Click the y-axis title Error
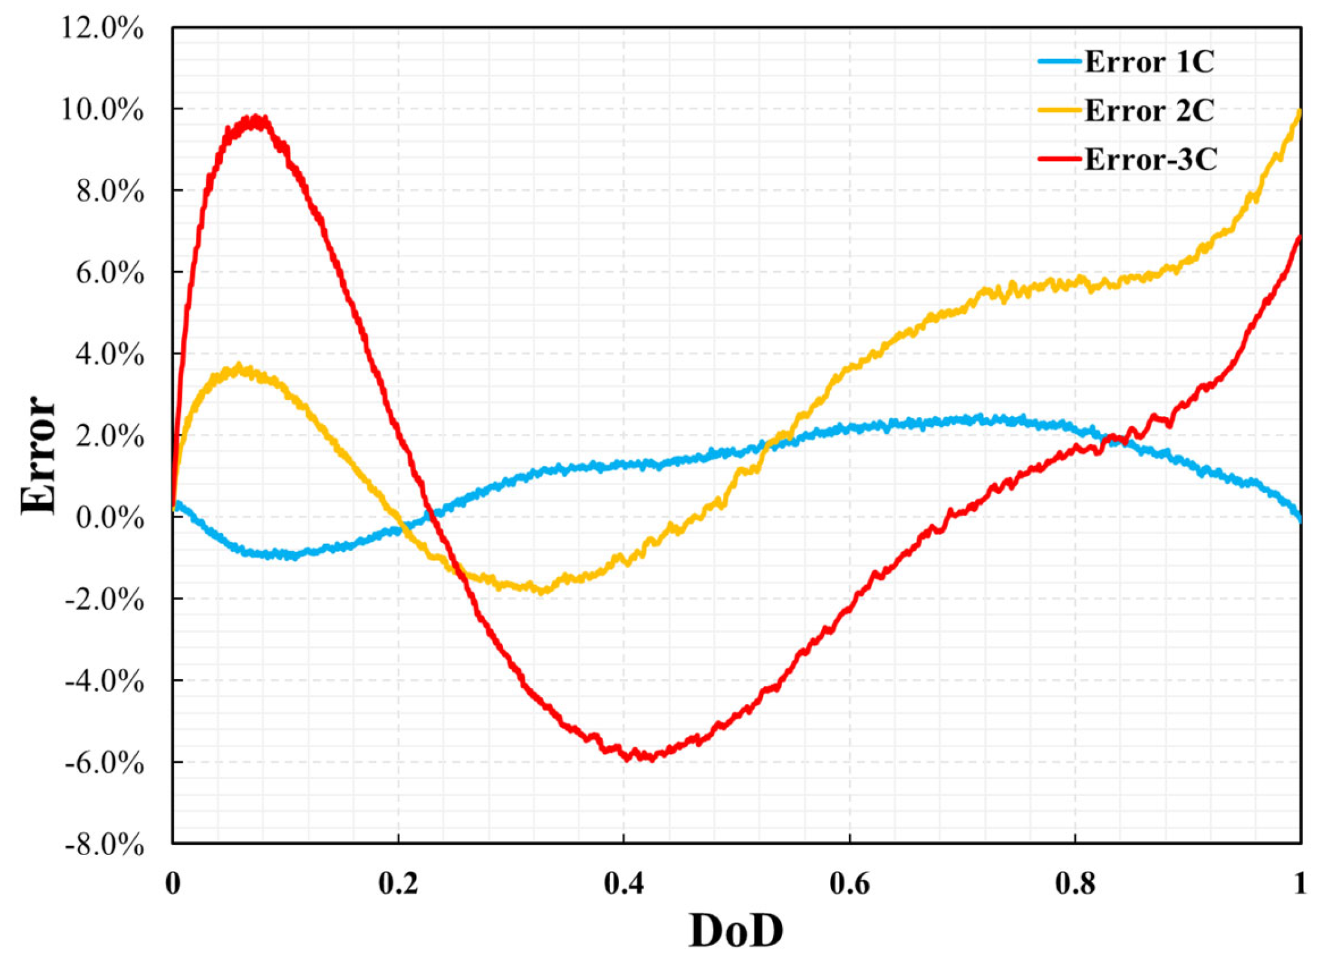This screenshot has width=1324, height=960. point(39,455)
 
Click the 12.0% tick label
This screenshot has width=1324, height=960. point(103,28)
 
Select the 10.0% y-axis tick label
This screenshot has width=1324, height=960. point(103,110)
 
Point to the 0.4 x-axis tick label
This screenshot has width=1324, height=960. point(624,883)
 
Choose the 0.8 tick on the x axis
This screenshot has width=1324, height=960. point(1075,883)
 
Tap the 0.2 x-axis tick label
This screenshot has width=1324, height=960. point(398,883)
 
